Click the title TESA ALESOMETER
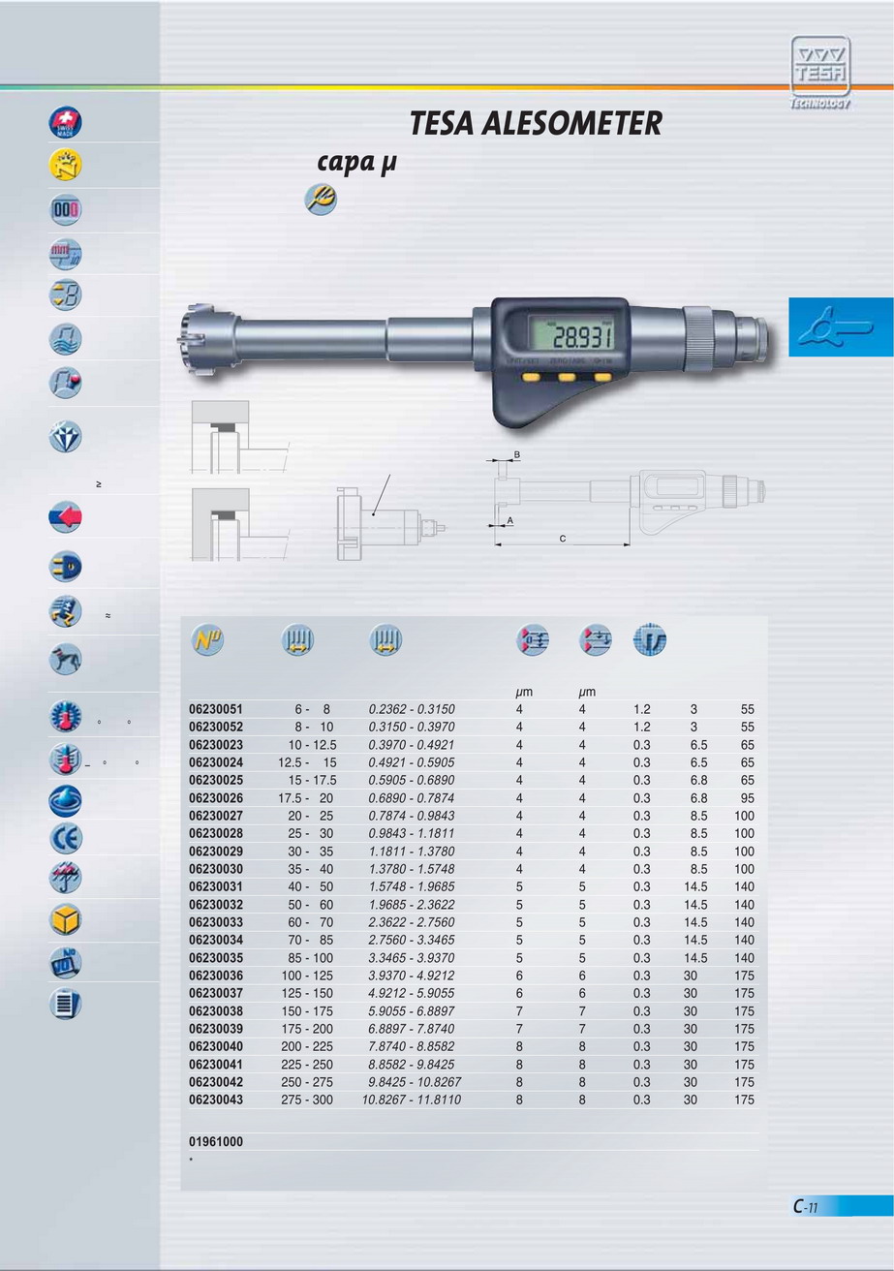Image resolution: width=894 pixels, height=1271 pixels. coord(536,123)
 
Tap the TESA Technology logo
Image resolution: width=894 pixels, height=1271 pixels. coord(820,72)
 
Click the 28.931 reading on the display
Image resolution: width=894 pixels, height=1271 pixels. coord(582,337)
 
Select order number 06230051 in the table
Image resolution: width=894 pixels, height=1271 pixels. coord(216,709)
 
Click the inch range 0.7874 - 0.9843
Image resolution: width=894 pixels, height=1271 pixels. coord(412,816)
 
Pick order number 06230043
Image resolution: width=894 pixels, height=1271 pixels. coord(216,1100)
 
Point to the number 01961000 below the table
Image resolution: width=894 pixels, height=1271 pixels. coord(216,1141)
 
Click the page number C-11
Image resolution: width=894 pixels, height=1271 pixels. coord(806,1206)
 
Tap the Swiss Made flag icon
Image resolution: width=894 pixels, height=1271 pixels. coord(65,123)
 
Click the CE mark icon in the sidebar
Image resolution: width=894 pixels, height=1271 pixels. coord(65,839)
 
